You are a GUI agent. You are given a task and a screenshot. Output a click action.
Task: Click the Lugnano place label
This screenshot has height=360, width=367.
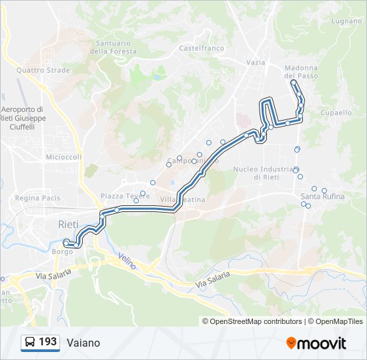346,21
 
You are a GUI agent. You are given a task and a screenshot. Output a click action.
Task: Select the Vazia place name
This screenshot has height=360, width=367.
256,62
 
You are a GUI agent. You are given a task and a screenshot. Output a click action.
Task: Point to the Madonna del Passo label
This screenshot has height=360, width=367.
300,72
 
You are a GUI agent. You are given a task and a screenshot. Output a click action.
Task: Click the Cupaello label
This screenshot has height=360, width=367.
336,113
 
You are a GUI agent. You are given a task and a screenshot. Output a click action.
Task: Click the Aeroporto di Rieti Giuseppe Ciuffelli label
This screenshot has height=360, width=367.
22,117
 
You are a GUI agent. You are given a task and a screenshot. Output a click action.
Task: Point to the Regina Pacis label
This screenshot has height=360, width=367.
37,198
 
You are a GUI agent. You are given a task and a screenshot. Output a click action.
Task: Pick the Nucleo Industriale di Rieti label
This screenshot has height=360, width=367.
264,173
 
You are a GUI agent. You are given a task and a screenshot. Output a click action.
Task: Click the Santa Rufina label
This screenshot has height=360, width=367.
322,197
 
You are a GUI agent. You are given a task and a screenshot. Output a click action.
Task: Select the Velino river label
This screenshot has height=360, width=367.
127,261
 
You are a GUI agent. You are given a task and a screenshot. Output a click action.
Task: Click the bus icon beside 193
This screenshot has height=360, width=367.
30,343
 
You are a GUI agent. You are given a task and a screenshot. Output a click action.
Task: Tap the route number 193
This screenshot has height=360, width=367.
47,342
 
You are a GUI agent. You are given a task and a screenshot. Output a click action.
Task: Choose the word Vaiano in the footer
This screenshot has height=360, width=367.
83,343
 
